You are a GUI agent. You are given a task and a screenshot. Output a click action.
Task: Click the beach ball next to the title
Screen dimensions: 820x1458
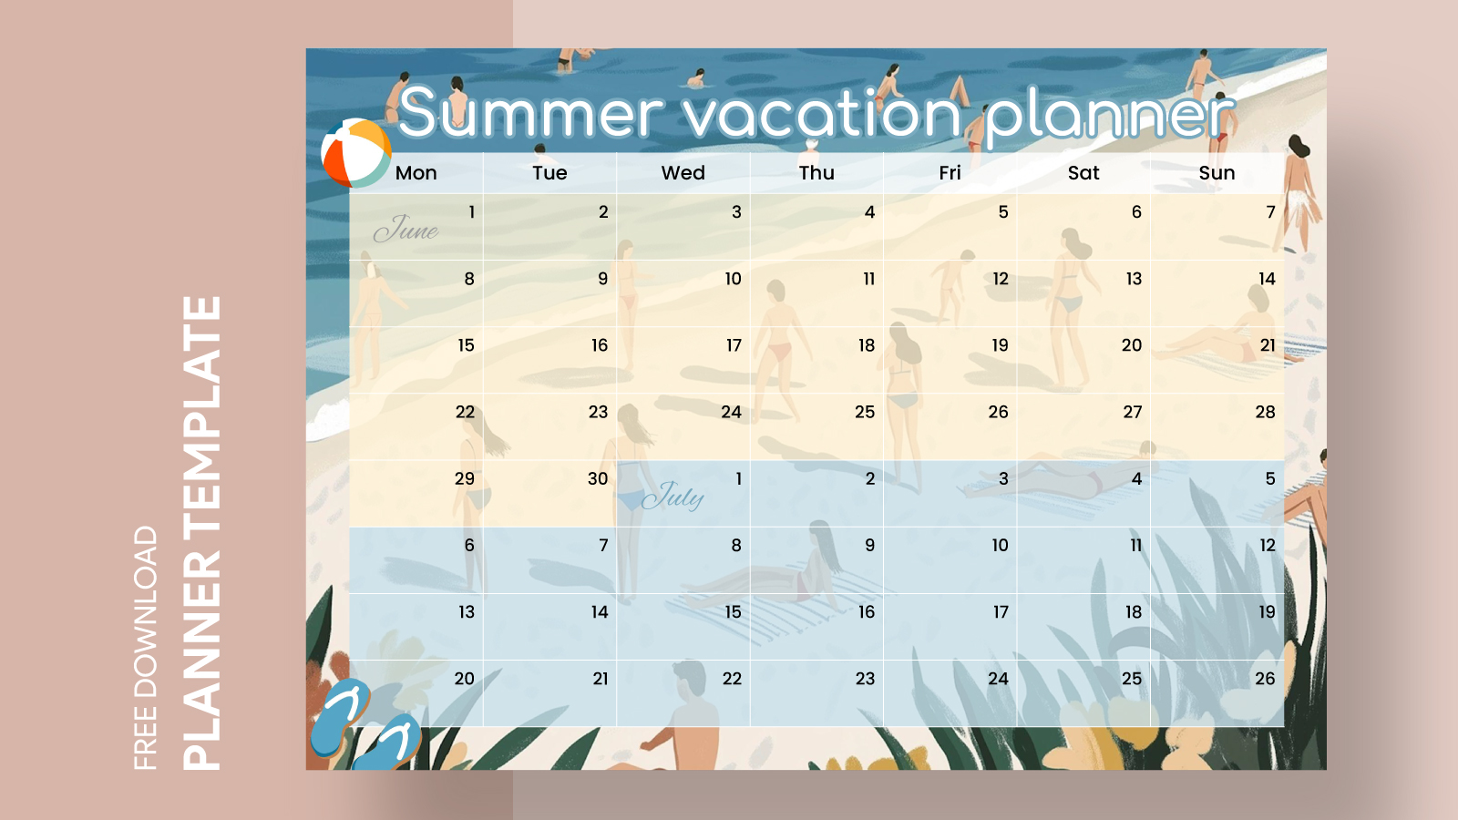(x=355, y=152)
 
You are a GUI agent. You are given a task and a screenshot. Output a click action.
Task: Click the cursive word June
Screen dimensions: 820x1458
(x=406, y=229)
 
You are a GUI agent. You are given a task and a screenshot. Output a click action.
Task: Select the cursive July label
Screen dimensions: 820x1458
(x=673, y=496)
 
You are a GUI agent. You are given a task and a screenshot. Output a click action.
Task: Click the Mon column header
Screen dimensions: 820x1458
(x=416, y=173)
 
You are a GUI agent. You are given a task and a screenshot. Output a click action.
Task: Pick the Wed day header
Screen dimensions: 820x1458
(x=683, y=173)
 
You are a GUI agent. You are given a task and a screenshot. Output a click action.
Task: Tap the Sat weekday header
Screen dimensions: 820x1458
(x=1083, y=173)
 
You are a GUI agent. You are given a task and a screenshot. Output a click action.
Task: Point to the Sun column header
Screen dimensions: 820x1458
(x=1217, y=173)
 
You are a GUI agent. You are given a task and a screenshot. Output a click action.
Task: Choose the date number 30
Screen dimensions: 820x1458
(x=598, y=479)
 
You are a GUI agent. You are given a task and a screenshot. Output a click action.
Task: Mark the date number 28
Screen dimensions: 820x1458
(x=1265, y=412)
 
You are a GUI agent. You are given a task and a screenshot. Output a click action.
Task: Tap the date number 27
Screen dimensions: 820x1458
(x=1132, y=412)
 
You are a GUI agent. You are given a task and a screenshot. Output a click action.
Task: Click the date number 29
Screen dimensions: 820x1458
(x=465, y=479)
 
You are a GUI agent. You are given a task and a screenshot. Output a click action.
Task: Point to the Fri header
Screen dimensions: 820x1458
(x=950, y=173)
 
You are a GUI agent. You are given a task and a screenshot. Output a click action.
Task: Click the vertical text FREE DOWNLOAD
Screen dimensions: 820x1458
(x=146, y=647)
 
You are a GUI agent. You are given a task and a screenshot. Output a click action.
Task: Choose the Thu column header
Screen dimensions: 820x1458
(x=816, y=173)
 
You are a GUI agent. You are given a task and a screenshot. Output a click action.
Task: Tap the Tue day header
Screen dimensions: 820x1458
(x=549, y=173)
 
